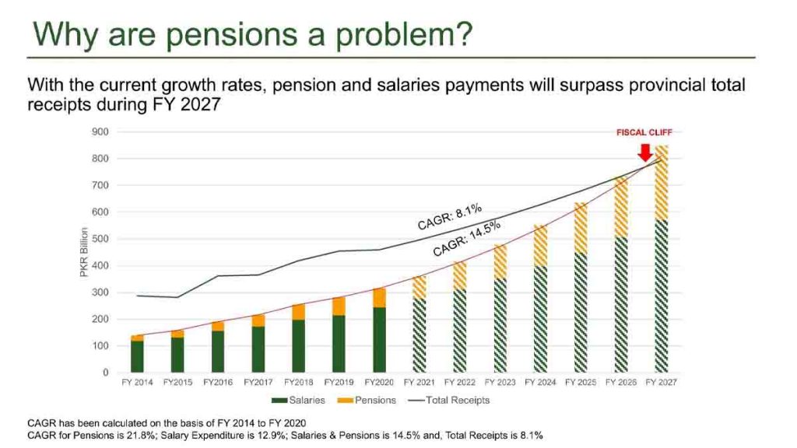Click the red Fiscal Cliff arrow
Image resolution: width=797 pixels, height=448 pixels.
coord(644,150)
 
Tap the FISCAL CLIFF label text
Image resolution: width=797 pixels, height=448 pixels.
coord(643,133)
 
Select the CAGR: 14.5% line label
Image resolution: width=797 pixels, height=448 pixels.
coord(466,239)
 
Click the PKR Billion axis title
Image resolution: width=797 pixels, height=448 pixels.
coord(95,252)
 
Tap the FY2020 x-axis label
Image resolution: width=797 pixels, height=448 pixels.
coord(379,383)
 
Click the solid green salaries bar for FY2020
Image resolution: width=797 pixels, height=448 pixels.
coord(379,340)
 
